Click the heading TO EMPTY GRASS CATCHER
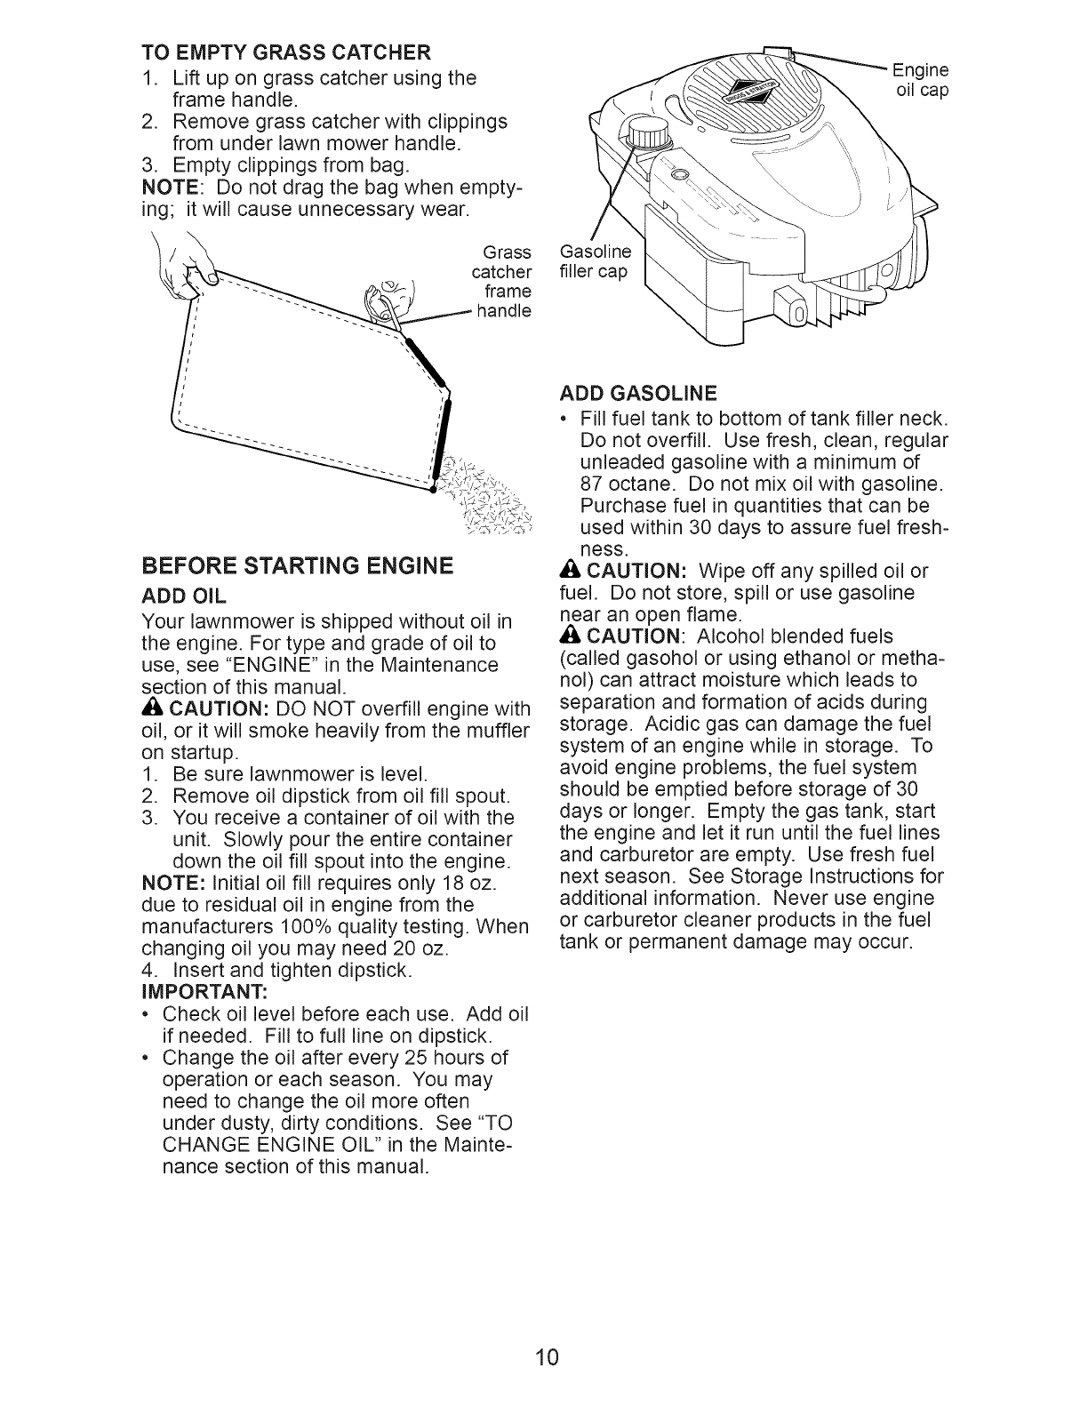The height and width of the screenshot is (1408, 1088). [285, 51]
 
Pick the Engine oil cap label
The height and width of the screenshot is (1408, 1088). [921, 80]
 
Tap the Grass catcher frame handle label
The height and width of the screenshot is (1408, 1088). [502, 281]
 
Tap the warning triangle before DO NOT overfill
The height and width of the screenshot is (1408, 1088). [151, 709]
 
